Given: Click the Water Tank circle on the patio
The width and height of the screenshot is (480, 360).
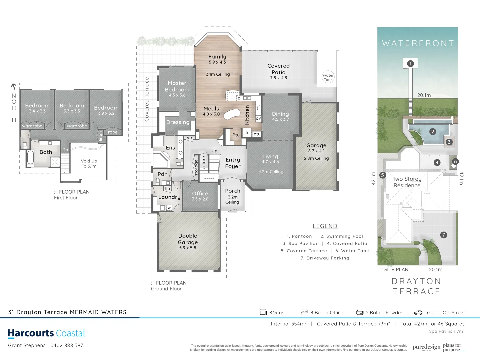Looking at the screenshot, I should point(328,77).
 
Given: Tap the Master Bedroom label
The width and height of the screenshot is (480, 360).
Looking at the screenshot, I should point(177,86).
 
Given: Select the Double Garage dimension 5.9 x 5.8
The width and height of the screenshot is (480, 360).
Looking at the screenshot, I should point(188,248).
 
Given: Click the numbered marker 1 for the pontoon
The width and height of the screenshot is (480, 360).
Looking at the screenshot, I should point(410,63).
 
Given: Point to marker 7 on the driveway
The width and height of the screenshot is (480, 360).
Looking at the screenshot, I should point(443,235).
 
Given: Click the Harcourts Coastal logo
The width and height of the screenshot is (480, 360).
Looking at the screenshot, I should point(46,333).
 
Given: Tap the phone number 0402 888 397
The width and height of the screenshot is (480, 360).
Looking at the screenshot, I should point(67,345).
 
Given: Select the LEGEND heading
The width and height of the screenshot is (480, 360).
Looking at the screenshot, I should point(325,226).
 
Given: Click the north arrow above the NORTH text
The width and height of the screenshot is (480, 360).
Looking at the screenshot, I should point(14,87).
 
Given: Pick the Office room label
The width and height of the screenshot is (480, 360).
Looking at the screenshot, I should point(200,193).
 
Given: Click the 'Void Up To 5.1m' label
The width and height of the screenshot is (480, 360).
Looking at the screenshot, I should point(89,163).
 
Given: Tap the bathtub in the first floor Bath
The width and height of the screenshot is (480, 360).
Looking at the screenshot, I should point(31,158).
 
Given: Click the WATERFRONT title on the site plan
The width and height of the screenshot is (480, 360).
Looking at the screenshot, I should point(418,43).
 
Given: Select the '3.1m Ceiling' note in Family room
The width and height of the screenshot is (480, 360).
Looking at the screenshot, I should point(218,74).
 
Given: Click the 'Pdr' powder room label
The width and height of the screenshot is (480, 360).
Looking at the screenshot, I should point(162,174).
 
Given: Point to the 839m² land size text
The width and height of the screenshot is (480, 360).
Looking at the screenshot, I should point(276,312).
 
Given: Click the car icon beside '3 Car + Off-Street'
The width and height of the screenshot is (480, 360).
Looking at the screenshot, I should point(418,312).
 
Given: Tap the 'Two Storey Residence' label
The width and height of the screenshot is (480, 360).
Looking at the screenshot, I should point(407,182).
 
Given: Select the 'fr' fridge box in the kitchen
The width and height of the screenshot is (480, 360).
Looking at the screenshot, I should point(247,133).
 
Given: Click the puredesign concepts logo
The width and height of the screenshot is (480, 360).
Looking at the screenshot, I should point(426,347).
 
